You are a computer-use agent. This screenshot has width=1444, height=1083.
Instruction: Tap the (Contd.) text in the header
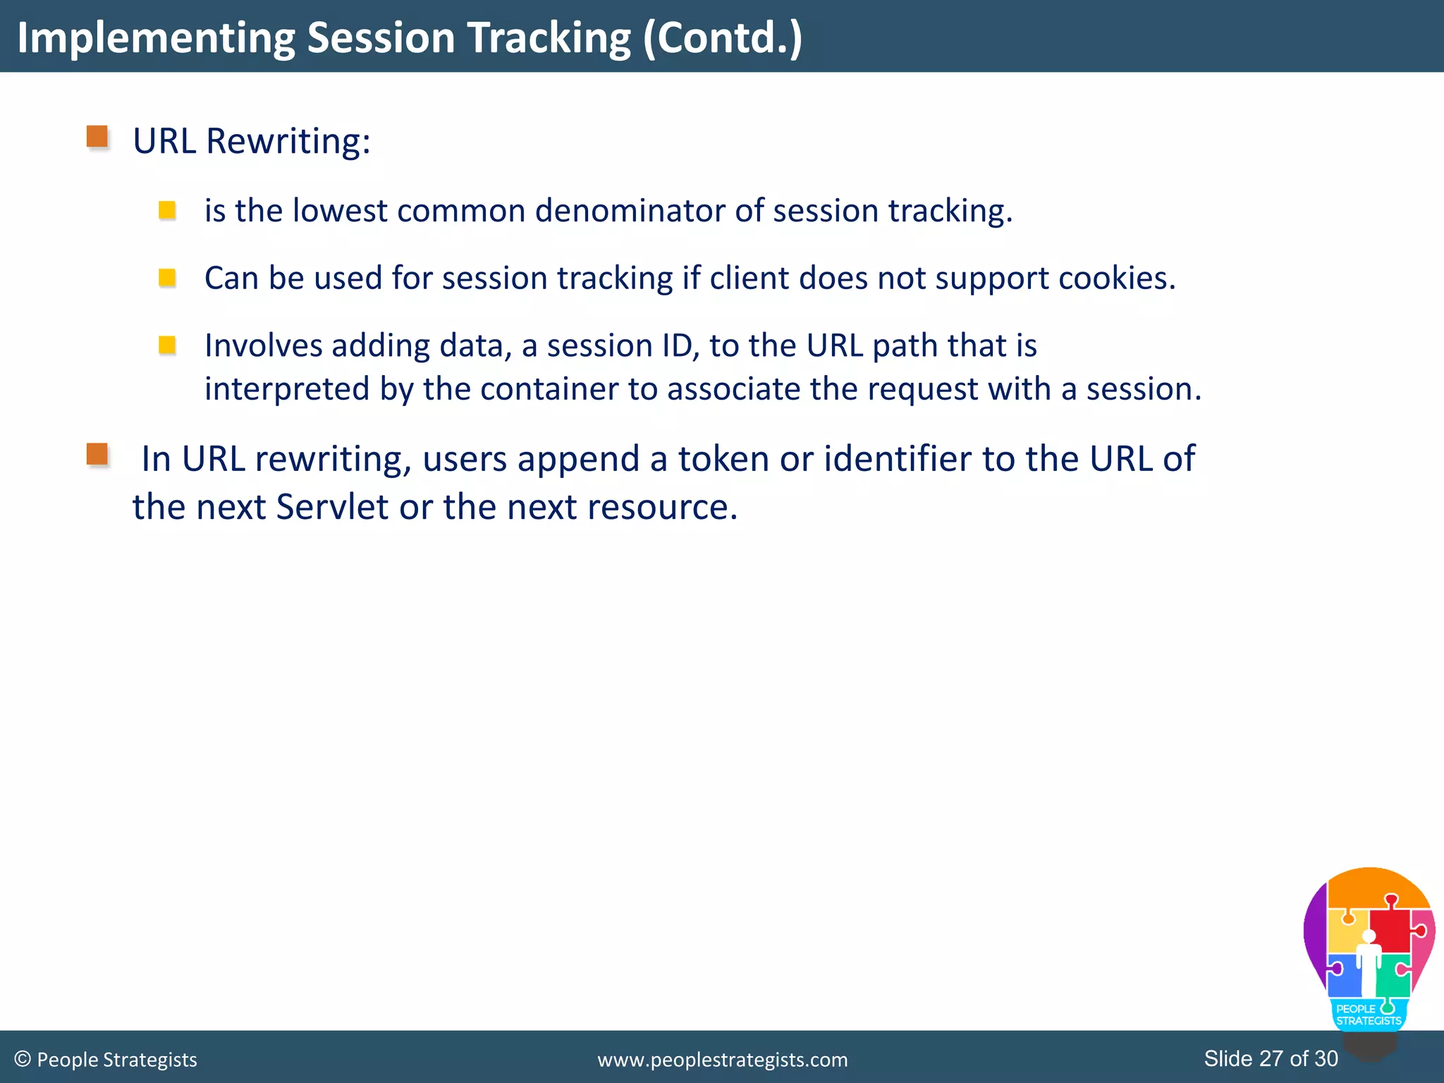point(723,38)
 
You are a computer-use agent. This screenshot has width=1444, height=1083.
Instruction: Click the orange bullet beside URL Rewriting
point(97,137)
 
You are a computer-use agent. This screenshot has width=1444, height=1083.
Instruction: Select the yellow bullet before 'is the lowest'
point(167,210)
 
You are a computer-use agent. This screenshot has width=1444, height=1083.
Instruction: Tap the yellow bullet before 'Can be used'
point(167,278)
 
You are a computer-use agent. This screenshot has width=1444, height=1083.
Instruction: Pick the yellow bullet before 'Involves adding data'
point(167,345)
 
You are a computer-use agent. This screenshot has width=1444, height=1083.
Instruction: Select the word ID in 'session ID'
point(677,346)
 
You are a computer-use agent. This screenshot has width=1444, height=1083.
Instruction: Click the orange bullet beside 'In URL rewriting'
point(97,454)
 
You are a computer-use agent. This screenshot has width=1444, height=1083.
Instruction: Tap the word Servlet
point(332,507)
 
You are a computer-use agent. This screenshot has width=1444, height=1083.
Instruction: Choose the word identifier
point(898,459)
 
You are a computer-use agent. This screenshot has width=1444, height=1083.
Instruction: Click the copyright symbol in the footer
point(23,1059)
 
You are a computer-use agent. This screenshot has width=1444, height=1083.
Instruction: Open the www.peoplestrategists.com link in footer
point(722,1060)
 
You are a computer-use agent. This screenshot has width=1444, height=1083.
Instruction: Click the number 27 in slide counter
point(1271,1058)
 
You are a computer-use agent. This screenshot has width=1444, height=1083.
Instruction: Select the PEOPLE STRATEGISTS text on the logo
point(1368,1015)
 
